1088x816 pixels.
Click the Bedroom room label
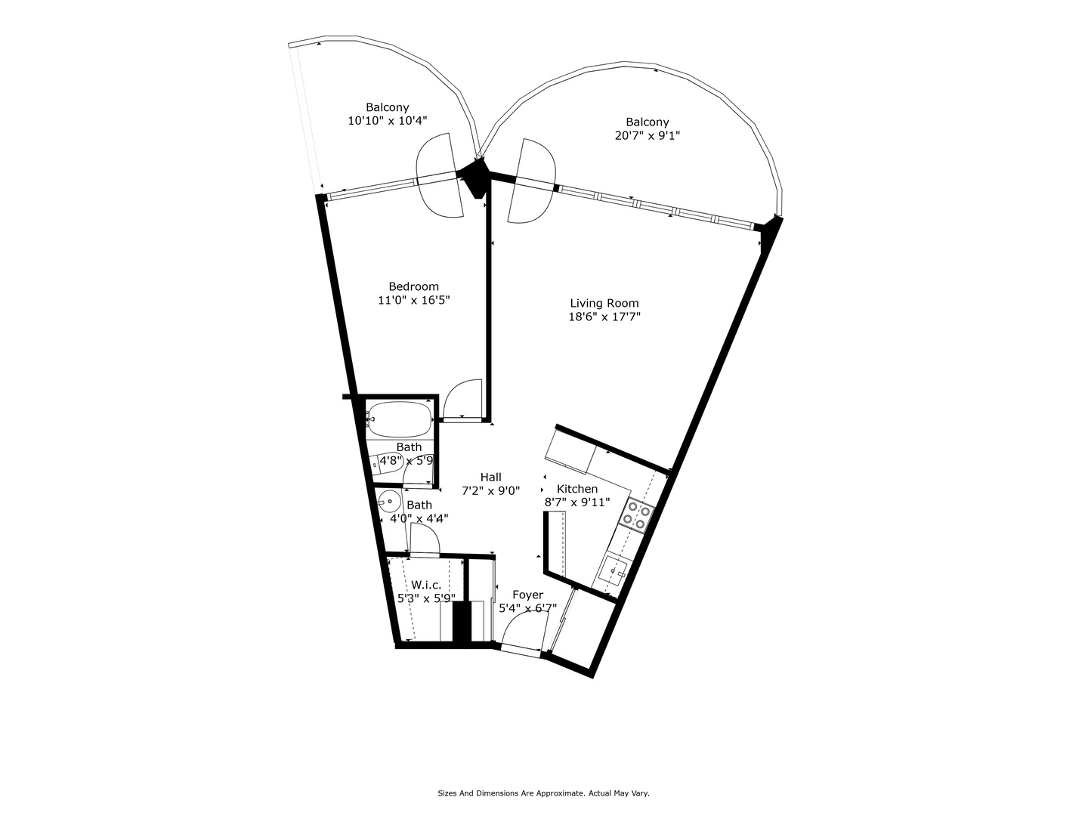click(x=413, y=286)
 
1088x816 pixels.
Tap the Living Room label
click(x=604, y=303)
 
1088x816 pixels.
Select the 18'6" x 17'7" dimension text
click(x=604, y=317)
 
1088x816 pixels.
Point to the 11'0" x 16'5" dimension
click(x=413, y=300)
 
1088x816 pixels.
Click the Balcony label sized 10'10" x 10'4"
click(x=387, y=107)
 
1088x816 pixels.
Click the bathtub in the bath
click(x=400, y=416)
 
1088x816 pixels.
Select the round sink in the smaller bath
click(x=389, y=501)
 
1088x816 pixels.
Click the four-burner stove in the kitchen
click(x=635, y=515)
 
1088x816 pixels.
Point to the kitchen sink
click(x=613, y=570)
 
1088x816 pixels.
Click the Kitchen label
click(x=577, y=489)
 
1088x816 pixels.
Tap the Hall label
click(x=490, y=477)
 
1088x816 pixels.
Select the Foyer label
click(x=527, y=595)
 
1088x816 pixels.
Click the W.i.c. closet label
click(x=426, y=585)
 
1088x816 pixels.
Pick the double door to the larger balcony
click(x=532, y=181)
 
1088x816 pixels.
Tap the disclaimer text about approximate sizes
click(x=543, y=793)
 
